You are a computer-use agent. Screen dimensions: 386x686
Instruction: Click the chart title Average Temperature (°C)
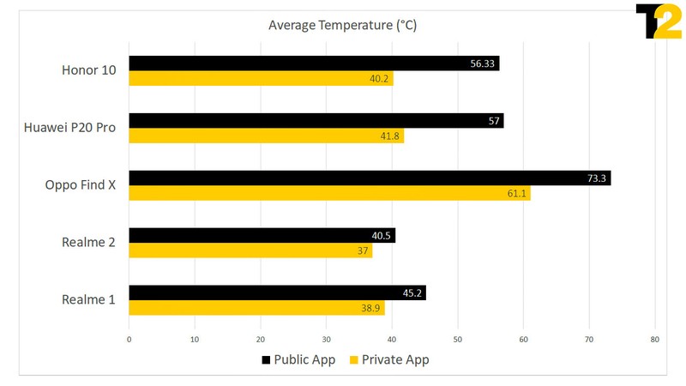pos(342,26)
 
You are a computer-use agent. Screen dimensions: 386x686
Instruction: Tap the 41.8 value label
pos(390,136)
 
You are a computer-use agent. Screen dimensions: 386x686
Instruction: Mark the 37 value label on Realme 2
pos(363,251)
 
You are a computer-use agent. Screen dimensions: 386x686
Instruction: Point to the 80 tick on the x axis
pos(654,340)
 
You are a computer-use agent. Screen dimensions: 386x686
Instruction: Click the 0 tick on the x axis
pos(129,340)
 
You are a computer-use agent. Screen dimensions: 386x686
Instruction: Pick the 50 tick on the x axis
pos(457,340)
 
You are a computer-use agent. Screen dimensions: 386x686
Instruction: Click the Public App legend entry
pos(299,360)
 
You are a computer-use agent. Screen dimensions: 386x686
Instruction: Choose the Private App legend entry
pos(388,360)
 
